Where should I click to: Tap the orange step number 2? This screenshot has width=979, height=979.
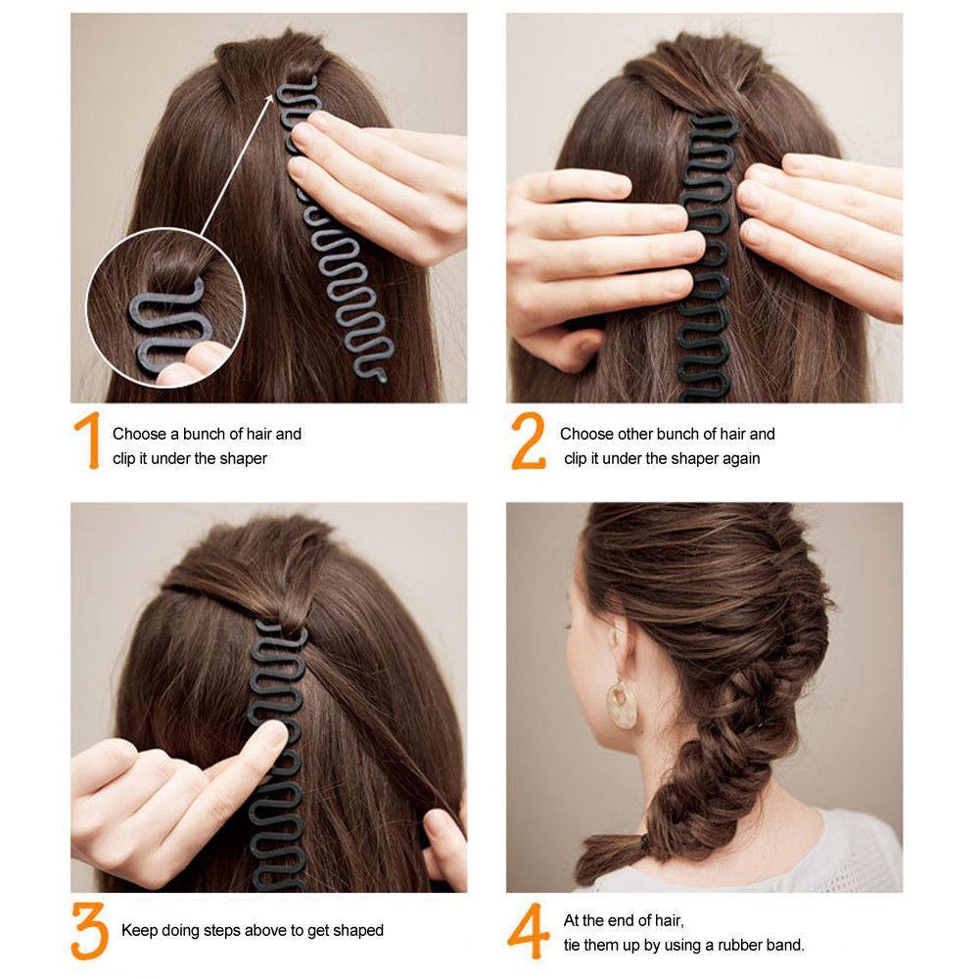(x=529, y=441)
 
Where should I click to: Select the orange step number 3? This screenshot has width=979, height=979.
(x=89, y=930)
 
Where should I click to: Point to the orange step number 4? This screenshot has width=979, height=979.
(x=529, y=931)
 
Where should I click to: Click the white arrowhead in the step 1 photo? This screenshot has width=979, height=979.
(x=268, y=100)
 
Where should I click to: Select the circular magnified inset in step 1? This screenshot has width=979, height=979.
(x=165, y=307)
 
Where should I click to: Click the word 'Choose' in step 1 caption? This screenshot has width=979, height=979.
(x=139, y=434)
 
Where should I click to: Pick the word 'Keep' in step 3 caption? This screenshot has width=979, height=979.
(x=139, y=930)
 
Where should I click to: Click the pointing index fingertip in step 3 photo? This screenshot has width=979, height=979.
(x=275, y=731)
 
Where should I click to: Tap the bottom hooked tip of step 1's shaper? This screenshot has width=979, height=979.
(x=382, y=377)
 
